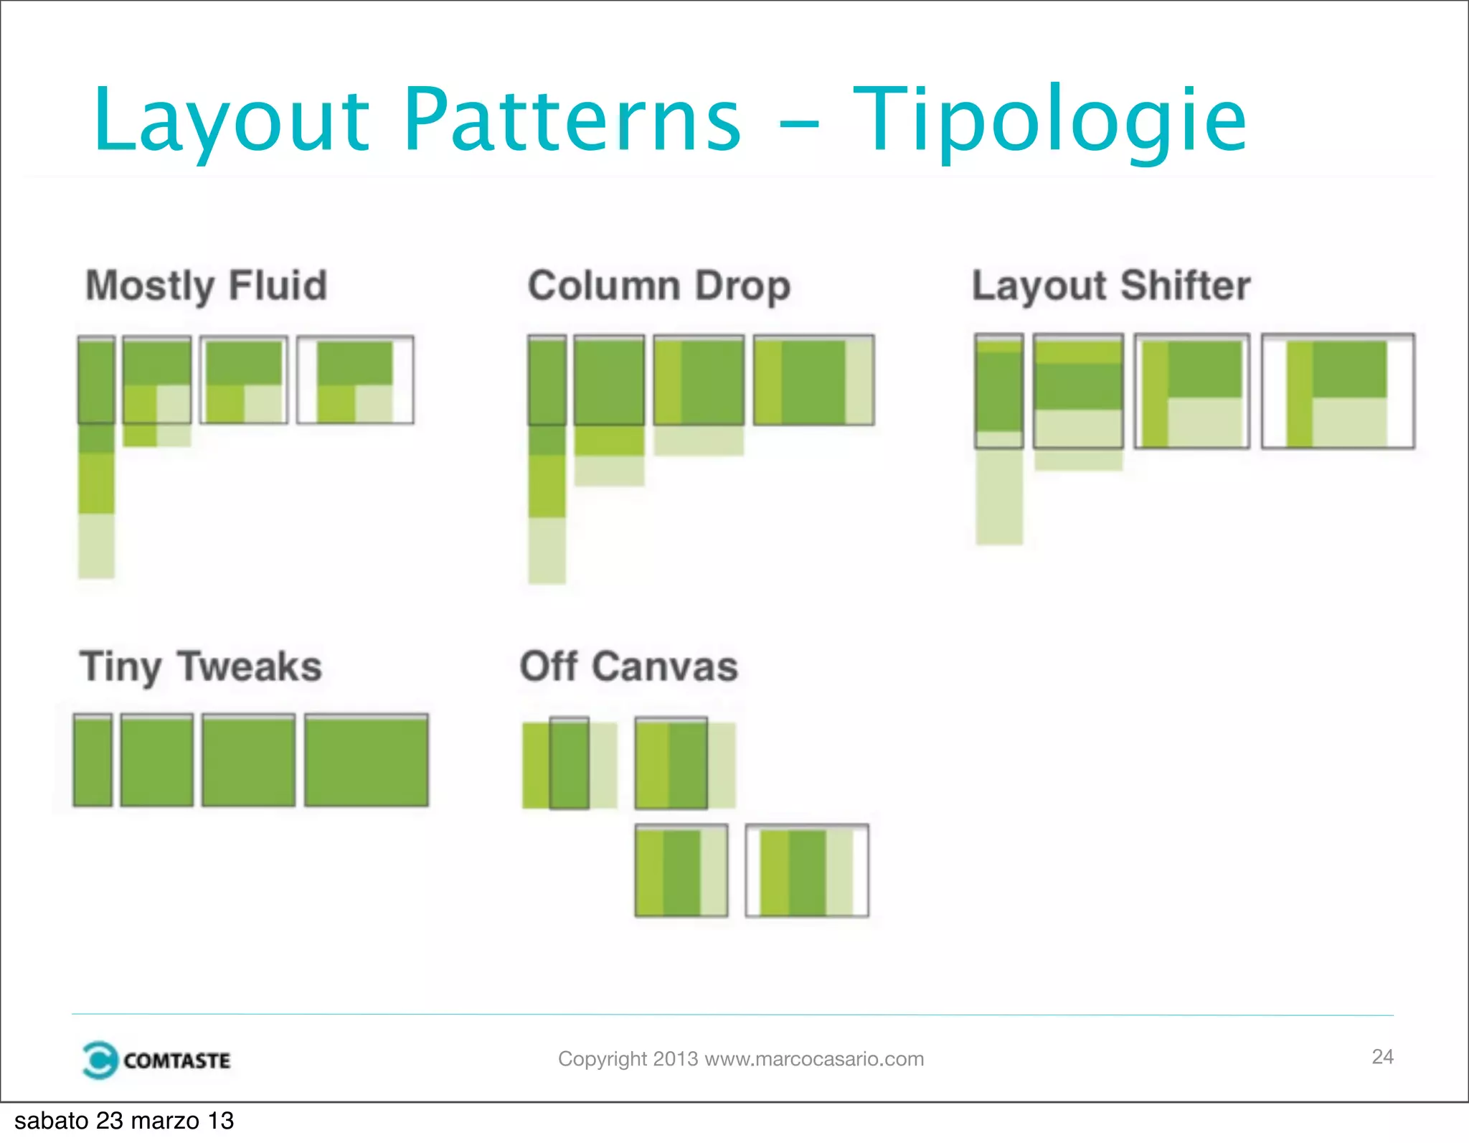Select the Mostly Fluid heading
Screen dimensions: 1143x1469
[x=207, y=286]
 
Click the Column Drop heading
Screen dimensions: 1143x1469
[x=659, y=286]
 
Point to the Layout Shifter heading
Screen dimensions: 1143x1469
[x=1111, y=286]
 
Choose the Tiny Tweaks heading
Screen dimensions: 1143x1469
[x=201, y=667]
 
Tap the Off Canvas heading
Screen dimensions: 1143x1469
[x=628, y=667]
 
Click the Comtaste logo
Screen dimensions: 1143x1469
[x=156, y=1060]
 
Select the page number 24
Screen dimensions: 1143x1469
[x=1382, y=1056]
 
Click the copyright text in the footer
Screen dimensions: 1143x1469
[x=741, y=1059]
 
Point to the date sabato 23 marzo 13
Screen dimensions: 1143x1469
[x=124, y=1121]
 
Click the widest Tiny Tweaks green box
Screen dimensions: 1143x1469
[x=367, y=761]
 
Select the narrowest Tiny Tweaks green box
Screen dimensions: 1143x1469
[x=93, y=761]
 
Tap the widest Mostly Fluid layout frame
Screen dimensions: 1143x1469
[x=355, y=380]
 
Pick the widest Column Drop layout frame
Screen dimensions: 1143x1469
[x=813, y=380]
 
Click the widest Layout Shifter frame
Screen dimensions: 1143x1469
[x=1338, y=391]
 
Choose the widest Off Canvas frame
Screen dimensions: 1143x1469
[x=807, y=870]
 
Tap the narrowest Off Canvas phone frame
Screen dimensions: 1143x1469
[x=570, y=763]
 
